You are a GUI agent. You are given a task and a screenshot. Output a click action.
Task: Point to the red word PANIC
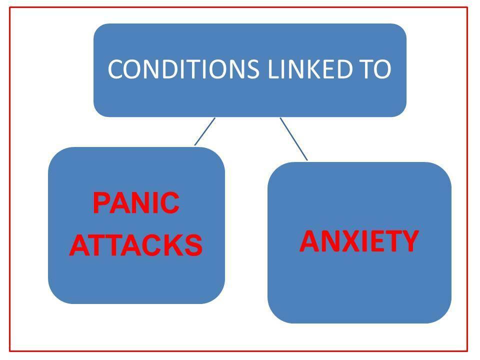136,203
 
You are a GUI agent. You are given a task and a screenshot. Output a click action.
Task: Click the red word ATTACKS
136,245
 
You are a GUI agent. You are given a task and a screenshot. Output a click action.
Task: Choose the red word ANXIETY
358,241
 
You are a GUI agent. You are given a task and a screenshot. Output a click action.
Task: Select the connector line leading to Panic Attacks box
204,131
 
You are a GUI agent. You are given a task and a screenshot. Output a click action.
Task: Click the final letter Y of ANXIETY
408,241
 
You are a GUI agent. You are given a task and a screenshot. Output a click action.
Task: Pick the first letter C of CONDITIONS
115,69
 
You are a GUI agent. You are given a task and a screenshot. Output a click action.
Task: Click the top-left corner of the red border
10,7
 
